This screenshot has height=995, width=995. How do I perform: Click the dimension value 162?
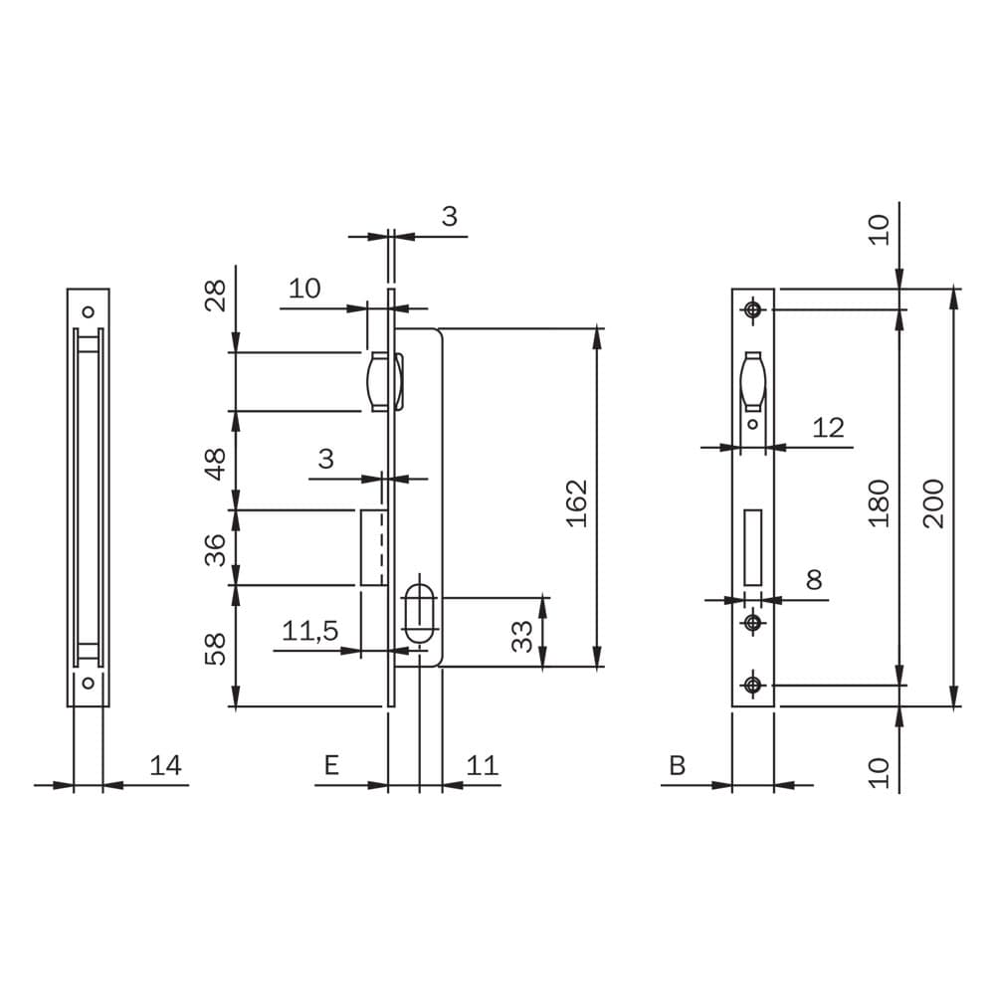coord(577,503)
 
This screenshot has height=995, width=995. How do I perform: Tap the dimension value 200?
coord(934,503)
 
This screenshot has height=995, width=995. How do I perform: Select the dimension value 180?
coord(879,503)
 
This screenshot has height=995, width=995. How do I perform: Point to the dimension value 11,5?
coord(309,631)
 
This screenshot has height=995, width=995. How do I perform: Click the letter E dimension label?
coord(331,765)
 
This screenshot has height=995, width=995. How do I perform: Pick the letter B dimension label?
coord(677,765)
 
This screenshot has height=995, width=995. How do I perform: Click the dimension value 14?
coord(165,765)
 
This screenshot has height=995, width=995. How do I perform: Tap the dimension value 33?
coord(522,637)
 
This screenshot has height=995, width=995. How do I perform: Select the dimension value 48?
coord(216,464)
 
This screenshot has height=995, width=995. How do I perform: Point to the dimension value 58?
coord(216,649)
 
